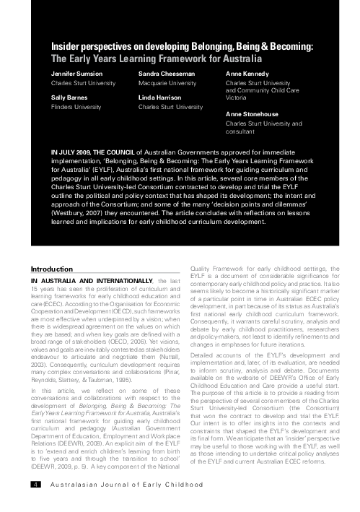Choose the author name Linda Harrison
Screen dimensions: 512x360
pyautogui.click(x=160, y=96)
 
